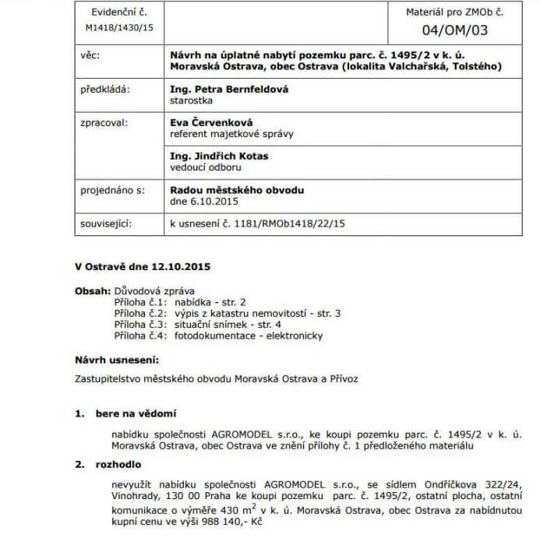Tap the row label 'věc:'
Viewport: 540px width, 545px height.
coord(91,55)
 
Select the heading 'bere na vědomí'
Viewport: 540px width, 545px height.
coord(136,413)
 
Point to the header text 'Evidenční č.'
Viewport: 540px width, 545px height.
coord(119,14)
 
